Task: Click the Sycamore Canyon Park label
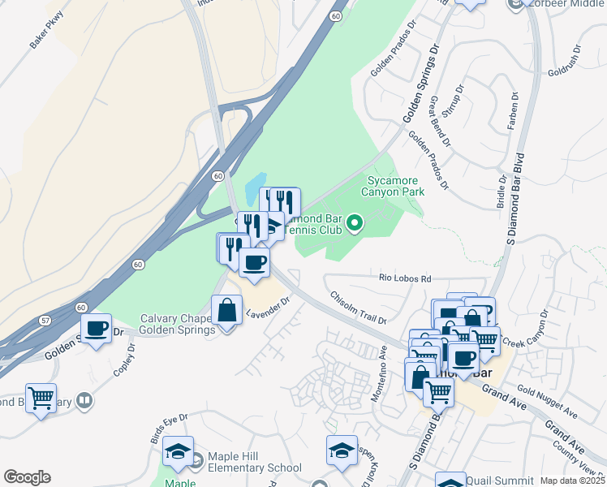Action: click(x=396, y=185)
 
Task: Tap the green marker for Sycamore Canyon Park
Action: click(x=354, y=222)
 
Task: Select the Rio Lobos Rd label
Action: click(x=405, y=278)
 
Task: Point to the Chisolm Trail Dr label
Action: click(x=357, y=306)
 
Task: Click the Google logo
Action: click(x=27, y=477)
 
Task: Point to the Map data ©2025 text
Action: click(x=573, y=481)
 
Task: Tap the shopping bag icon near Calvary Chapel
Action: click(x=226, y=310)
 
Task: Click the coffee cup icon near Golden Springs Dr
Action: click(x=97, y=329)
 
